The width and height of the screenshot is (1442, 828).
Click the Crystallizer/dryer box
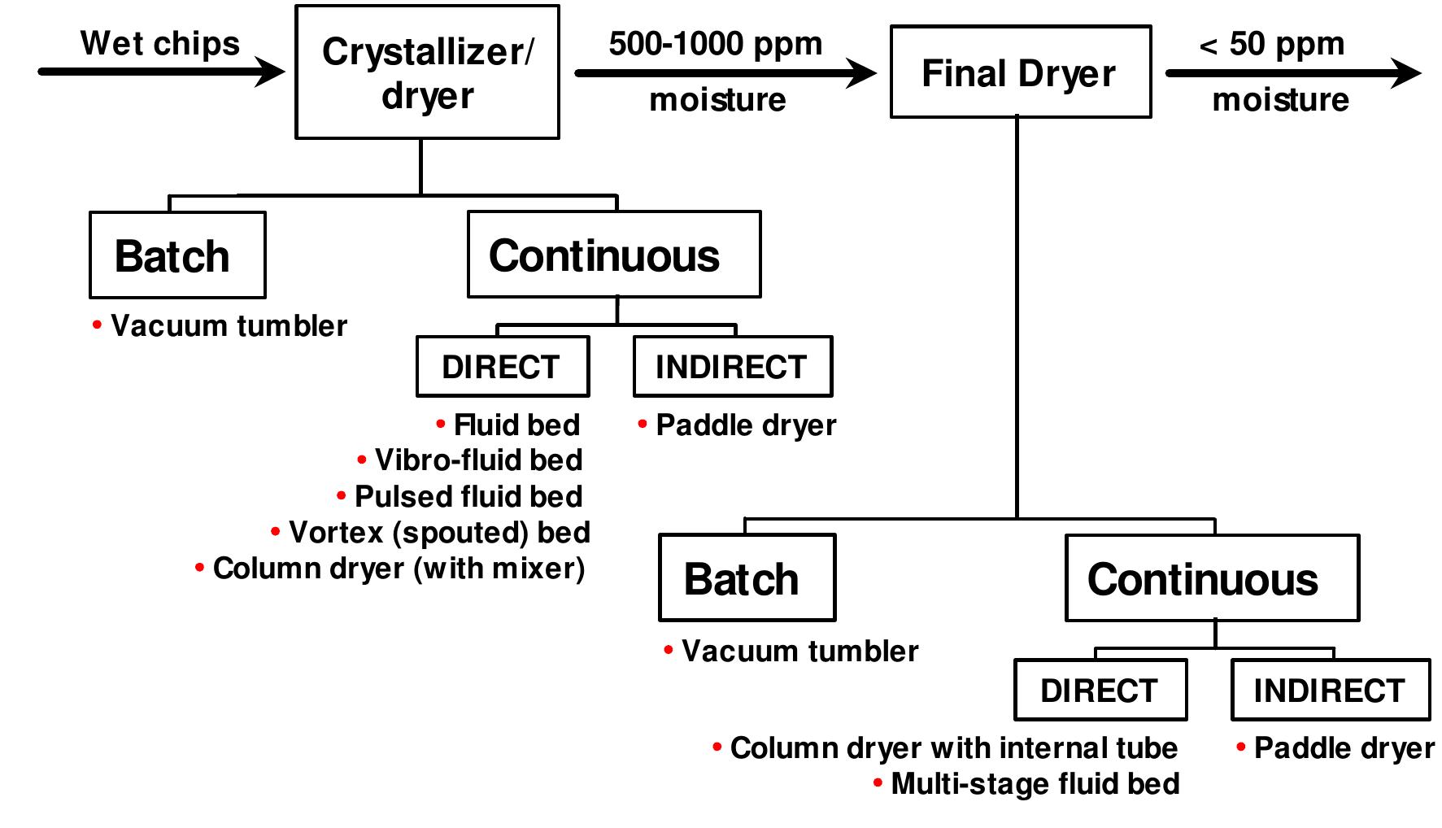pyautogui.click(x=427, y=72)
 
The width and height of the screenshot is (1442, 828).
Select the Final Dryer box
pyautogui.click(x=1020, y=72)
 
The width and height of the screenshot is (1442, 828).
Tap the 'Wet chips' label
pyautogui.click(x=160, y=43)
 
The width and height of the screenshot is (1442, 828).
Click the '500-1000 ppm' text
pyautogui.click(x=715, y=43)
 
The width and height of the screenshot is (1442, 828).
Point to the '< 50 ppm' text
pyautogui.click(x=1271, y=44)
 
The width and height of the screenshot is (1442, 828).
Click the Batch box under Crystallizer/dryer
pyautogui.click(x=176, y=255)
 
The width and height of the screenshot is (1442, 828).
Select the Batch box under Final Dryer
pyautogui.click(x=747, y=578)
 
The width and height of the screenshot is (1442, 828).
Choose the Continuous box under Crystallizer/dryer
pyautogui.click(x=613, y=255)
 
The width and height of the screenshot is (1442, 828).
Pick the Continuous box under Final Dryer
pyautogui.click(x=1211, y=578)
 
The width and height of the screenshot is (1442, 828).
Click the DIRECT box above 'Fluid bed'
pyautogui.click(x=502, y=367)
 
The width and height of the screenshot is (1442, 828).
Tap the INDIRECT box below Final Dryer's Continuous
pyautogui.click(x=1330, y=691)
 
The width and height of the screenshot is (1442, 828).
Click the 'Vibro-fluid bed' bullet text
pyautogui.click(x=478, y=460)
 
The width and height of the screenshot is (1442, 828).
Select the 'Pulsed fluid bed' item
pyautogui.click(x=468, y=496)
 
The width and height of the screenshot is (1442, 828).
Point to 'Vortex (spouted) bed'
pyautogui.click(x=439, y=533)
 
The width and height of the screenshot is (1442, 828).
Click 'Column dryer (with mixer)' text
pyautogui.click(x=399, y=569)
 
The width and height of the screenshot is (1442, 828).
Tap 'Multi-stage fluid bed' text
pyautogui.click(x=1035, y=784)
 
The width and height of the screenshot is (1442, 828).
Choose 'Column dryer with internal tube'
pyautogui.click(x=953, y=748)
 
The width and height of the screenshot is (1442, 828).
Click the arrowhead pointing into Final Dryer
pyautogui.click(x=862, y=73)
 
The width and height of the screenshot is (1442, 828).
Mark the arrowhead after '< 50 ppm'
pyautogui.click(x=1406, y=73)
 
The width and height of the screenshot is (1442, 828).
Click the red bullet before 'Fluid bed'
pyautogui.click(x=441, y=424)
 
